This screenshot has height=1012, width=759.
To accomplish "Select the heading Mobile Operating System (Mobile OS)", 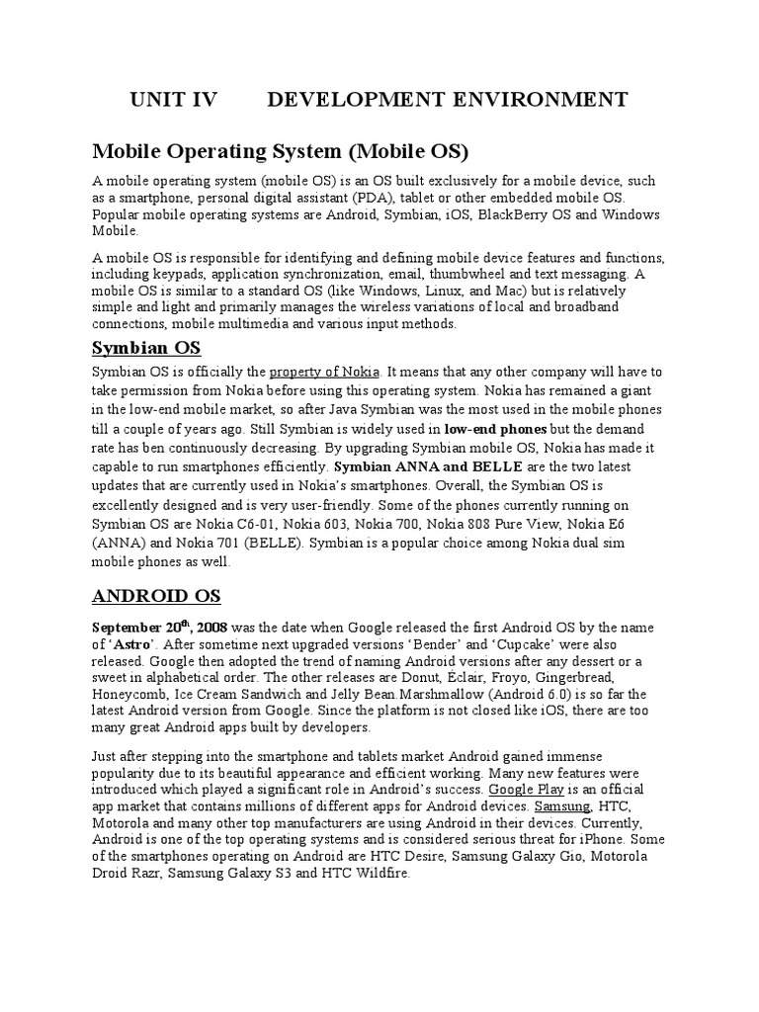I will point(280,151).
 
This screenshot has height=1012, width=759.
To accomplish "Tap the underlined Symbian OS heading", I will point(146,348).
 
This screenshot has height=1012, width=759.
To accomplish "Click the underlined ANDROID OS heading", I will point(156,596).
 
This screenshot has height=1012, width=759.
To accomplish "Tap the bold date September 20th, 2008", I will point(160,628).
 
